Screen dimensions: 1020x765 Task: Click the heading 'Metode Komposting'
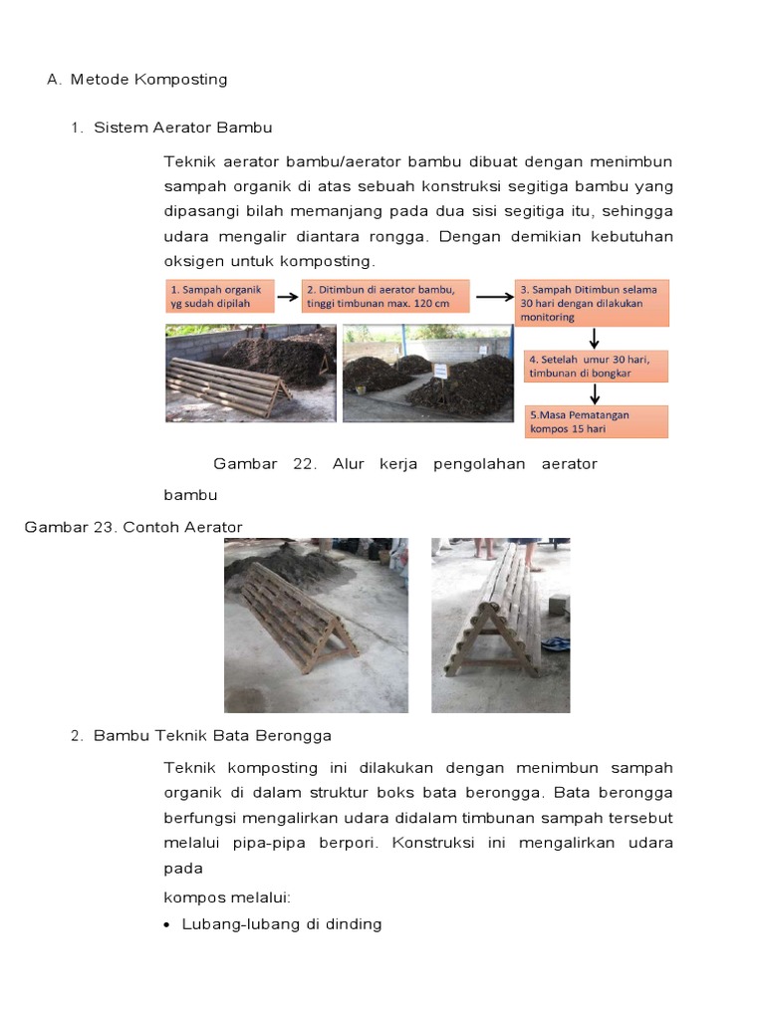[x=148, y=80]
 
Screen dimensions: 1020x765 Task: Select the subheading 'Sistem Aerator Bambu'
[x=182, y=128]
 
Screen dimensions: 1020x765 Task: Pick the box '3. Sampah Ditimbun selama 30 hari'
[x=592, y=302]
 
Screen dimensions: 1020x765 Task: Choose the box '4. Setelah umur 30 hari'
[x=596, y=366]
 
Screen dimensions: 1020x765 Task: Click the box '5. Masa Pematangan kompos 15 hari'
[x=596, y=420]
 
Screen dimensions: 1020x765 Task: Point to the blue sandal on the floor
[x=559, y=644]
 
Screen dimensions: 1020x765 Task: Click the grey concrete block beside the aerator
[x=558, y=605]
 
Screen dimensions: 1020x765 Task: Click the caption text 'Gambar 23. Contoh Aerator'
[x=133, y=527]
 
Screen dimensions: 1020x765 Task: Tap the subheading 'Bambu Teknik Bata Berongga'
[x=212, y=736]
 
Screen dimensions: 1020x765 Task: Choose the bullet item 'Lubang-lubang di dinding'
[x=282, y=924]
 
